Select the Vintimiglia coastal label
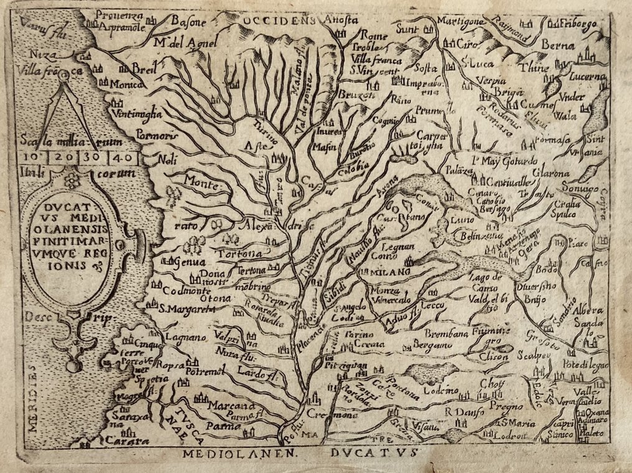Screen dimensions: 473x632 tap(137, 114)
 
